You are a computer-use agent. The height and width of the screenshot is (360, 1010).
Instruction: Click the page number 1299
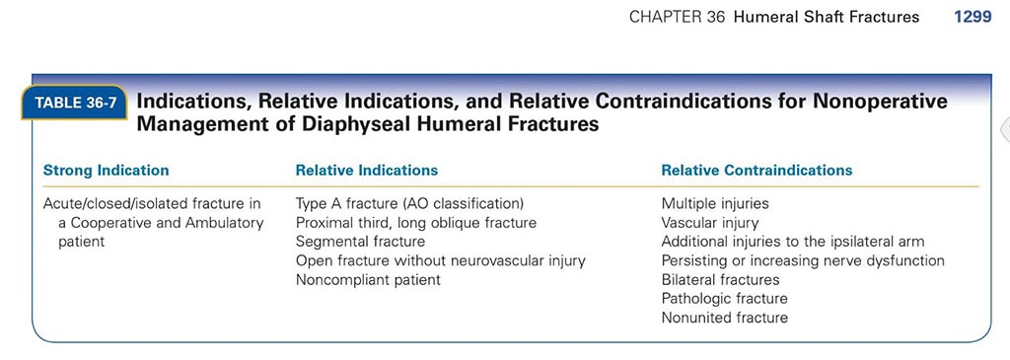972,18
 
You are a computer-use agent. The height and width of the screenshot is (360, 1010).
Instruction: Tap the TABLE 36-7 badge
74,103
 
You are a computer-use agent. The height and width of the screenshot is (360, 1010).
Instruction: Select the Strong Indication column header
106,171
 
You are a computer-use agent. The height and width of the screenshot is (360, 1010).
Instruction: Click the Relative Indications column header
367,171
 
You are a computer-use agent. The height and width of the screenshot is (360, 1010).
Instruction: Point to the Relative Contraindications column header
757,171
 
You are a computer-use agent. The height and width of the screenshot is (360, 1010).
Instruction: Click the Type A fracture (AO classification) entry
409,204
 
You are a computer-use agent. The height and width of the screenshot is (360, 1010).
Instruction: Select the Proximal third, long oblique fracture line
416,223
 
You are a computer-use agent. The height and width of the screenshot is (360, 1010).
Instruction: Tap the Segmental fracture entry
360,242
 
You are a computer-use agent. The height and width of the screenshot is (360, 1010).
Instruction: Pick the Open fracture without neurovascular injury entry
441,260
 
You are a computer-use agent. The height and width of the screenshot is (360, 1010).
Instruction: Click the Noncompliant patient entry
368,279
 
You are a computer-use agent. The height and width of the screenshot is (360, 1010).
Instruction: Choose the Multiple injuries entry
715,204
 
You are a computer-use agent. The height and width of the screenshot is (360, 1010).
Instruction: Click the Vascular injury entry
710,223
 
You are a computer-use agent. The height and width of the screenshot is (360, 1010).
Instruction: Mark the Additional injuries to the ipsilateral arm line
793,242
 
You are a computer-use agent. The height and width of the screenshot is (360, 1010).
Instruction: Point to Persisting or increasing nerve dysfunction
803,260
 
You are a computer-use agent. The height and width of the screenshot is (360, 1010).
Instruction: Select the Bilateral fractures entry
720,279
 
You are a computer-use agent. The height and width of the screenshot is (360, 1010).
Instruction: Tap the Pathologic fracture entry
725,298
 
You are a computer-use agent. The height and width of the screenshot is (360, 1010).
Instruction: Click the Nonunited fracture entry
725,318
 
